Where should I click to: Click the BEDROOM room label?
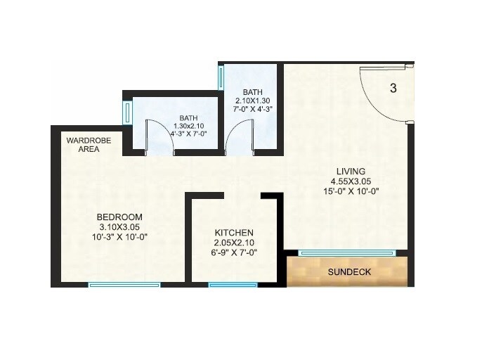(119, 217)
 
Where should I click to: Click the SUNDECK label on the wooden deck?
(349, 271)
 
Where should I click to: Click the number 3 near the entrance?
(393, 89)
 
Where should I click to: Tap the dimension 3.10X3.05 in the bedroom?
(119, 227)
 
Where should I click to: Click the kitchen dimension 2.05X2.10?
(233, 243)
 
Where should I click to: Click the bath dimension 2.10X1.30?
(252, 101)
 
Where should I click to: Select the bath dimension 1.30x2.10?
(188, 127)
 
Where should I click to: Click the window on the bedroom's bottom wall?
(124, 285)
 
